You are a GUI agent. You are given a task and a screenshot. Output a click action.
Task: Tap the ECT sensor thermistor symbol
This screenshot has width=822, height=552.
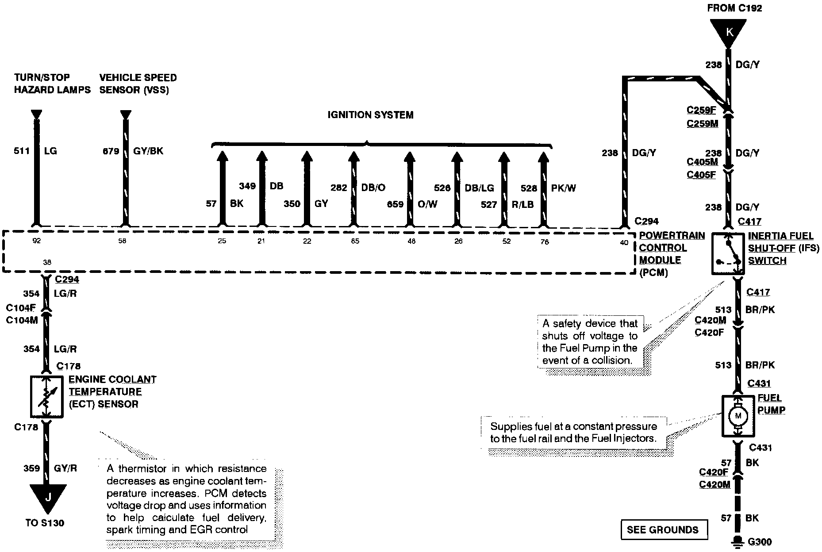tap(46, 396)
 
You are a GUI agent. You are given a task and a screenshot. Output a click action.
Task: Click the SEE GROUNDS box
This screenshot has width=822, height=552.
tap(662, 529)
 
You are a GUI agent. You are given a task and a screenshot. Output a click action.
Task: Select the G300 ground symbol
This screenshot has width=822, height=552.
tap(737, 543)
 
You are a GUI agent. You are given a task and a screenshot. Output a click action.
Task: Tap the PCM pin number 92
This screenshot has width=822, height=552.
tap(37, 241)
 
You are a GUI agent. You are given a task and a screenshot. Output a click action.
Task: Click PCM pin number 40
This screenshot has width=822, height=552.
tap(624, 242)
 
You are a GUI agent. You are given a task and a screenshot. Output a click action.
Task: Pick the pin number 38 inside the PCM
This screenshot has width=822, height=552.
tap(47, 262)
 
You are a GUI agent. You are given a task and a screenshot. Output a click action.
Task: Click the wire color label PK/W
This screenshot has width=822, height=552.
tap(563, 188)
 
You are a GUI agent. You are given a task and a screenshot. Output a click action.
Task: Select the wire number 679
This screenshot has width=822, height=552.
tap(111, 151)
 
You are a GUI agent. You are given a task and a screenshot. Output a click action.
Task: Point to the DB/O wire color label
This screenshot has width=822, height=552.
tap(373, 188)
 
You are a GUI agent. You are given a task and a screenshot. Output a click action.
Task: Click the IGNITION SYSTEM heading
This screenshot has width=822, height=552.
tap(370, 115)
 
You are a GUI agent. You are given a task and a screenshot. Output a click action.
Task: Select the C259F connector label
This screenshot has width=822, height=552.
tap(701, 110)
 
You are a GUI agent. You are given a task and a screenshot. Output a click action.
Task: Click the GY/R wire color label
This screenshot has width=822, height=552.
tap(65, 468)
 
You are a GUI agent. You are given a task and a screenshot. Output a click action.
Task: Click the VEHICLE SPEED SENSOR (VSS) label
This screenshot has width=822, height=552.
tap(138, 84)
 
